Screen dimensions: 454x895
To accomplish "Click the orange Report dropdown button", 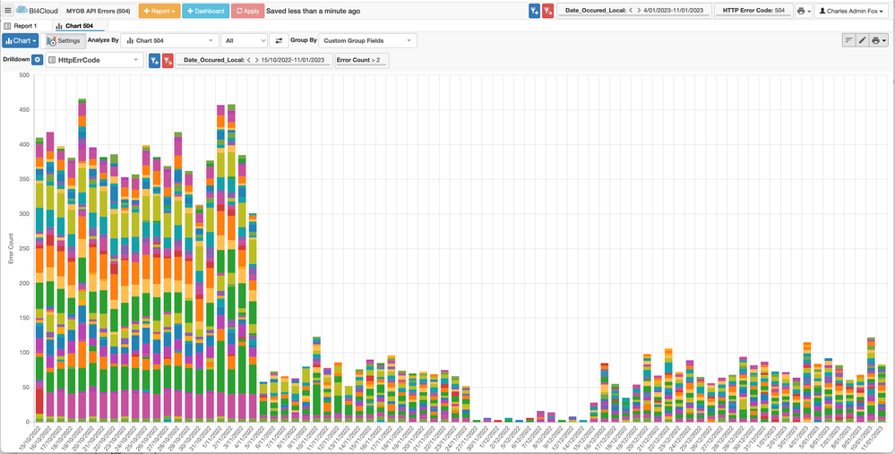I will point(159,11).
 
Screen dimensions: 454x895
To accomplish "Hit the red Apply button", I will point(247,11).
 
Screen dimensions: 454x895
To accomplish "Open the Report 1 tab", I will point(21,26).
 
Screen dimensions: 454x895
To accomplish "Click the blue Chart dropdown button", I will point(21,41).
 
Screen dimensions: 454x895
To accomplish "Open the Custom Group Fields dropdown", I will point(368,41).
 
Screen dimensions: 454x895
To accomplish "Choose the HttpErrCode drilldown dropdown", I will point(94,60).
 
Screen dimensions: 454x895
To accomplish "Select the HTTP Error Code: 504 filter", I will point(753,11).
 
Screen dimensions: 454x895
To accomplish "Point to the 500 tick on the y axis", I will point(24,75).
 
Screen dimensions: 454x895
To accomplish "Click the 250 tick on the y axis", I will point(24,248).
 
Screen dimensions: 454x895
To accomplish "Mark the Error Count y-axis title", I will point(11,248).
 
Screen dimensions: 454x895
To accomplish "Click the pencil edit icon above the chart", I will point(863,40).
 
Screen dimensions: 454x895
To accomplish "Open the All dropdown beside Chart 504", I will point(245,41).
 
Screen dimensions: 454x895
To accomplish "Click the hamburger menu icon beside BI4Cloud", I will point(7,11).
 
